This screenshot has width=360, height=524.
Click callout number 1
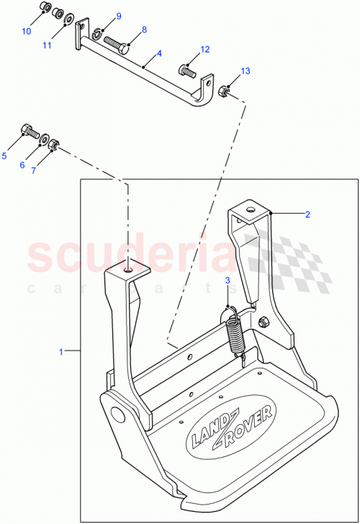[x=61, y=351]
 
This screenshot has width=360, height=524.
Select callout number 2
[x=307, y=214]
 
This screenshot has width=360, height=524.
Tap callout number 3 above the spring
[x=227, y=281]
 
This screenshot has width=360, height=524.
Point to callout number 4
[x=159, y=54]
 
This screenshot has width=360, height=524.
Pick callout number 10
[x=26, y=32]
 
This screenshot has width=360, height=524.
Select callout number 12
[x=204, y=50]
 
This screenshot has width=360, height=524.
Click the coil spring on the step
[x=234, y=328]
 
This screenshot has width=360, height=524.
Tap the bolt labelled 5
[x=30, y=132]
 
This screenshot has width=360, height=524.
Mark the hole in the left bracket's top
[x=127, y=270]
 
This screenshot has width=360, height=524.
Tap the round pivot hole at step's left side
[x=115, y=415]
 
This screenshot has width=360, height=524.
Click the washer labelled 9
[x=96, y=32]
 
